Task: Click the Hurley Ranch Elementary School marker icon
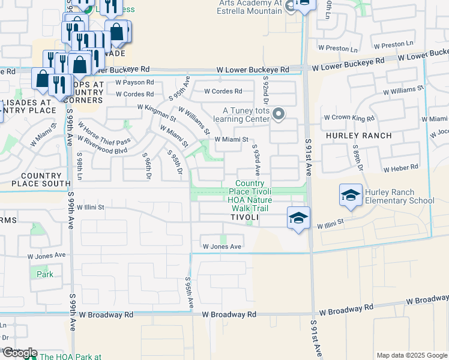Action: (x=351, y=195)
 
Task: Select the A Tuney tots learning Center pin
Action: (x=278, y=113)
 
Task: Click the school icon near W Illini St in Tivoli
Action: (x=298, y=218)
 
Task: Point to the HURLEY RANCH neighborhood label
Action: (x=358, y=136)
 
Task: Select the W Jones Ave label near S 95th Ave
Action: (x=221, y=247)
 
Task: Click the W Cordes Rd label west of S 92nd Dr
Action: (x=223, y=91)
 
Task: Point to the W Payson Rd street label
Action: (x=134, y=82)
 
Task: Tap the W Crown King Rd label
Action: (x=349, y=118)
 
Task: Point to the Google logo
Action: (x=19, y=353)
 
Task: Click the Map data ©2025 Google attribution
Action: (x=412, y=355)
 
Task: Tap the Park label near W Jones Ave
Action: (x=44, y=274)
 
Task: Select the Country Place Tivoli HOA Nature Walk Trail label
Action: (x=250, y=196)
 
